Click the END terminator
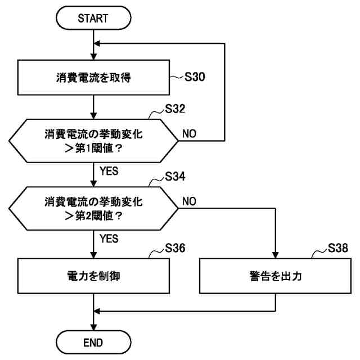point(94,341)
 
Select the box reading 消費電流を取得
point(94,78)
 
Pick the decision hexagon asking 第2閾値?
point(94,208)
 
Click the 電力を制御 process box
point(94,276)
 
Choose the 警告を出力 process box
point(276,276)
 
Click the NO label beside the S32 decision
point(189,134)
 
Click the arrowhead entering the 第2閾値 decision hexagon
point(94,186)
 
